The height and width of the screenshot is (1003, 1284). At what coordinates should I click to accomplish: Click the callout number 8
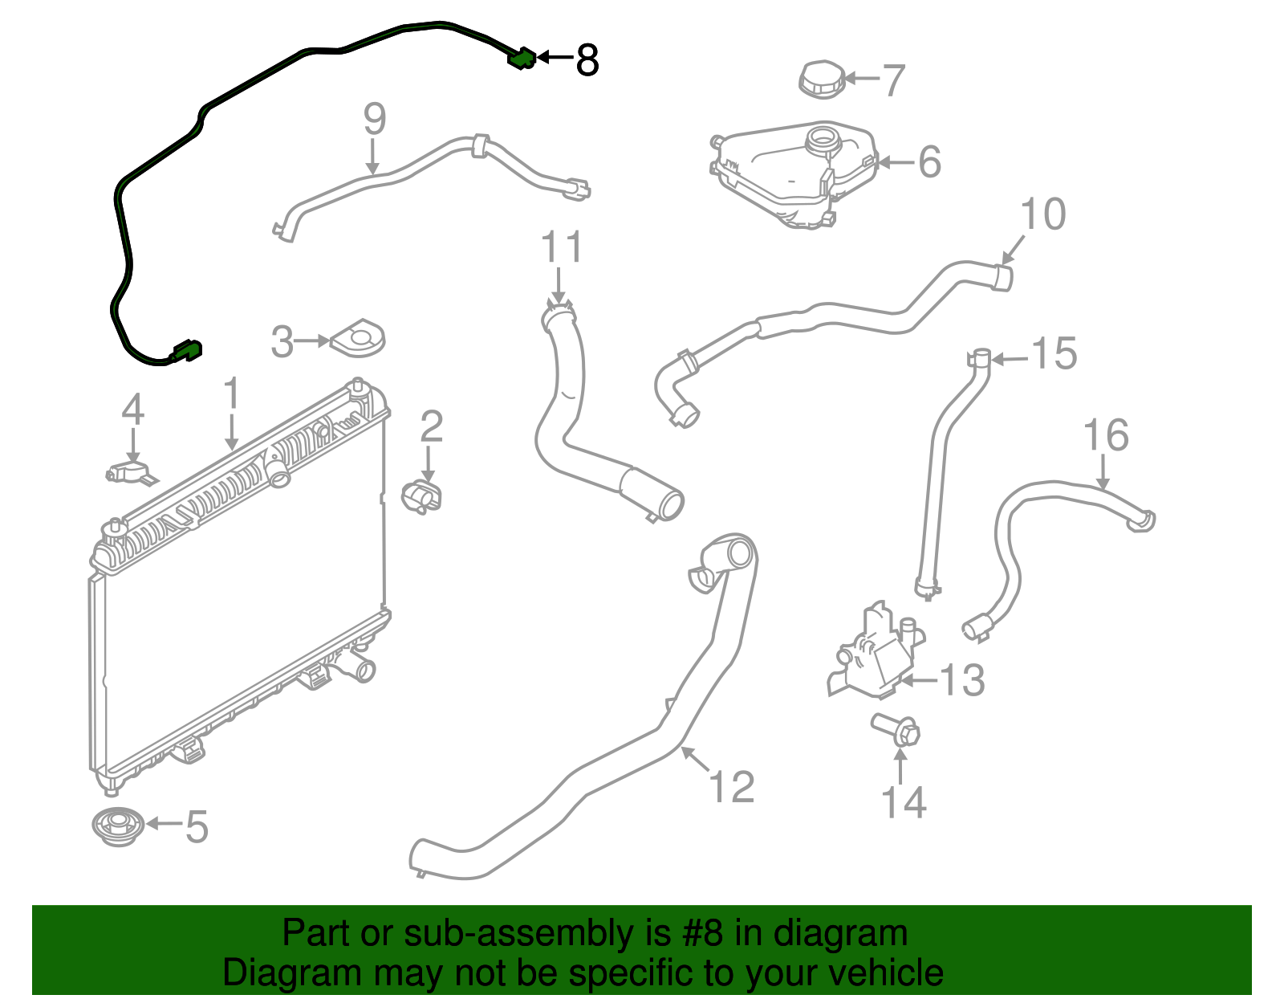[x=587, y=60]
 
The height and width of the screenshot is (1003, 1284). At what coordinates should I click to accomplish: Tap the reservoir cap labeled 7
[x=821, y=80]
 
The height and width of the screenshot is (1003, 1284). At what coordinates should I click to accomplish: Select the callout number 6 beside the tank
[x=929, y=161]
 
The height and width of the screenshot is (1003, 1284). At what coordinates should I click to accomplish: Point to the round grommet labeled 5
[x=118, y=826]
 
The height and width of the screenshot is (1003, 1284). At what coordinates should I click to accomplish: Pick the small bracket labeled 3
[x=358, y=338]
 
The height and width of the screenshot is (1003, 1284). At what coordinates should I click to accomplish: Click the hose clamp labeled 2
[x=421, y=495]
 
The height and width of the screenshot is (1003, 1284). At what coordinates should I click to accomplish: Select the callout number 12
[x=732, y=787]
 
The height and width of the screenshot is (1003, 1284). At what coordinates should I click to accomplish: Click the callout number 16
[x=1106, y=435]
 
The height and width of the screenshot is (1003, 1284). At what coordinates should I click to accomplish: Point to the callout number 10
[x=1043, y=214]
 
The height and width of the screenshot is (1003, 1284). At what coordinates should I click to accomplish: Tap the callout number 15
[x=1054, y=353]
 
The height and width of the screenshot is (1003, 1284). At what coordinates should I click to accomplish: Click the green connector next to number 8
[x=521, y=59]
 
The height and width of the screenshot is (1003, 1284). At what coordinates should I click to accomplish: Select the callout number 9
[x=375, y=119]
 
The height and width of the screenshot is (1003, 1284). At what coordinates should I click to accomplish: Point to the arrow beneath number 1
[x=232, y=432]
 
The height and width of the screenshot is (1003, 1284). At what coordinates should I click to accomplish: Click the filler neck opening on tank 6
[x=824, y=140]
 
